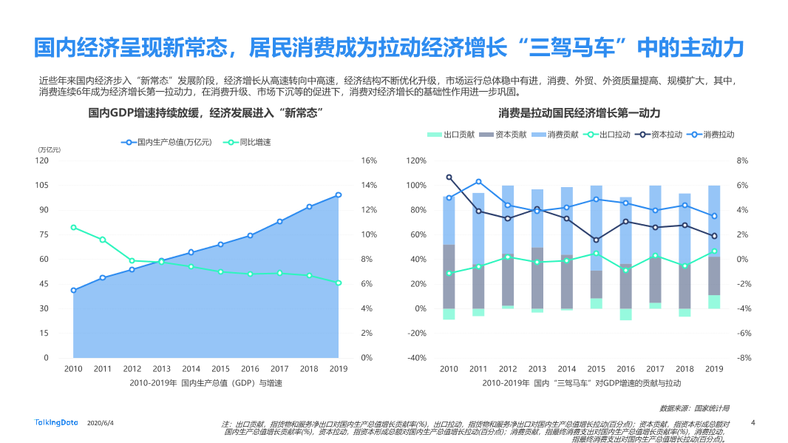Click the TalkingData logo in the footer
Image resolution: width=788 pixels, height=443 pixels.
pos(56,422)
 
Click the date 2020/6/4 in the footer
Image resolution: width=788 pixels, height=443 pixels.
pos(101,423)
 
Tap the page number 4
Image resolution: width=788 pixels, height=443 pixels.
pos(753,422)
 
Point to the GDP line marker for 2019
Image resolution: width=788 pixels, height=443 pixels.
pos(339,195)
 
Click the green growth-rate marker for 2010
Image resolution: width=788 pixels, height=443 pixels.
pos(73,227)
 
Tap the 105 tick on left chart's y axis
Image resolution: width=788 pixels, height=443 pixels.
pos(42,185)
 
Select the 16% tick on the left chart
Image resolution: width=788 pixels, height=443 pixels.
pos(369,160)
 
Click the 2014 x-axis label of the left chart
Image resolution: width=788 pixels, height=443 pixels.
pos(191,368)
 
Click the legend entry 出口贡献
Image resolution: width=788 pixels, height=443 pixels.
pos(459,135)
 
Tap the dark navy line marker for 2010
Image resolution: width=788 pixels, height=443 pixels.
pos(449,177)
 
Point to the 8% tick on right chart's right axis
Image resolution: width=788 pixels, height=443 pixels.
pos(743,160)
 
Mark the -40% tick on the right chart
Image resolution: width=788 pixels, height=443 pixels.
pos(416,358)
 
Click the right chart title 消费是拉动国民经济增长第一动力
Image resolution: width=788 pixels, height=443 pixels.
pos(579,113)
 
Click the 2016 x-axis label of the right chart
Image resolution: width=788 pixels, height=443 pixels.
pos(625,368)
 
